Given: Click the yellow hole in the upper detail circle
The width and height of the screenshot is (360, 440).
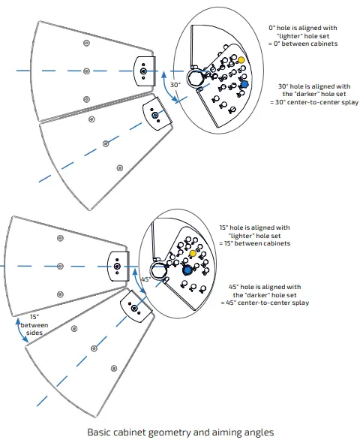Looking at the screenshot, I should coord(240,59).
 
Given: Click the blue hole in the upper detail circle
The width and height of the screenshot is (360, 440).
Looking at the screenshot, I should coord(243,84).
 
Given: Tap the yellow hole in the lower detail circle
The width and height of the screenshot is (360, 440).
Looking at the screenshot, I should coord(193,255).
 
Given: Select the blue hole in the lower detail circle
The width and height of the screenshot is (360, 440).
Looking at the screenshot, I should coord(187,270).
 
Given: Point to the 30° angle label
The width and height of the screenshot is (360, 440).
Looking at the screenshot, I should coord(174,85).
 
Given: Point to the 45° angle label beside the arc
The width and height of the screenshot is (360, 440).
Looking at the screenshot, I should coord(148,279).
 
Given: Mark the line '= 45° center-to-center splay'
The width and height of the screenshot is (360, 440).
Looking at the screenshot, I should coord(264,303).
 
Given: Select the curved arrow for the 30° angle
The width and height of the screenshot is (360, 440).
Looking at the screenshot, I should coord(163,89).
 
